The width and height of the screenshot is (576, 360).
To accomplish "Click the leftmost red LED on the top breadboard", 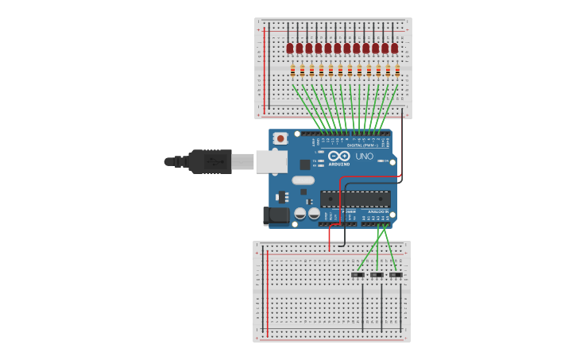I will coord(291,48).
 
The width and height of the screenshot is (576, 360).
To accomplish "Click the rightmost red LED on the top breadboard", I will coord(395,48).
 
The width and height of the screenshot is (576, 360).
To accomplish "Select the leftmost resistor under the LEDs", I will coord(293,71).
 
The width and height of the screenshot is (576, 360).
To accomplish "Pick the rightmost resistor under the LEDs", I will coord(397,71).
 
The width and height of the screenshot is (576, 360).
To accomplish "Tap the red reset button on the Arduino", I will coord(280,138).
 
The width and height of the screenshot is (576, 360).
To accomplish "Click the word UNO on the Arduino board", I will coord(363,157).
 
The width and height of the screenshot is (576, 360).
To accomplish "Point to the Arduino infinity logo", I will coord(339,156).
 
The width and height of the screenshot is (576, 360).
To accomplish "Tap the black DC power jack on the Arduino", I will coord(276,215).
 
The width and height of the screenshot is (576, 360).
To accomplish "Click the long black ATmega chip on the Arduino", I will coord(355,199).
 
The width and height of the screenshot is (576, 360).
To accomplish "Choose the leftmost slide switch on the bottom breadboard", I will coord(358,275).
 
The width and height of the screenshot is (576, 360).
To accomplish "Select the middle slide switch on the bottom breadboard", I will coord(377,275).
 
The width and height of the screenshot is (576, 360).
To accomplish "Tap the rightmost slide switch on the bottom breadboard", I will coord(396,275).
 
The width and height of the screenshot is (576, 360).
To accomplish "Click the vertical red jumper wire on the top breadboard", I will coord(265,68).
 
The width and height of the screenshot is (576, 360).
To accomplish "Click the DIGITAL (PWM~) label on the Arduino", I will coord(365,145).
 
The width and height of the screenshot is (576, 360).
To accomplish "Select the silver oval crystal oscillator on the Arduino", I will coord(303,180).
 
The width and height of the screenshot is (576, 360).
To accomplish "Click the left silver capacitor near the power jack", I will coord(300,213).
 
